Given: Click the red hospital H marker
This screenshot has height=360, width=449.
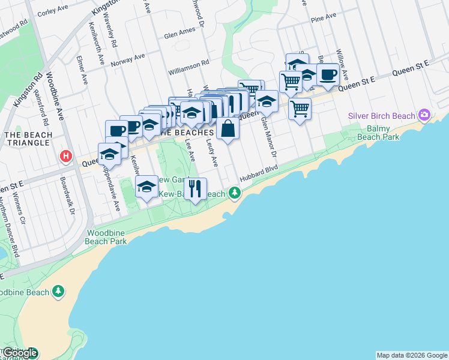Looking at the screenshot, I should [x=66, y=157].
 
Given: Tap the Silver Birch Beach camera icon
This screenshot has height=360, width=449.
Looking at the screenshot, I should [x=425, y=114].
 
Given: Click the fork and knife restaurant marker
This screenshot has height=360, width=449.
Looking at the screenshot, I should [x=195, y=189].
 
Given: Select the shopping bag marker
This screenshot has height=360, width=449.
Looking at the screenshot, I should [x=228, y=129].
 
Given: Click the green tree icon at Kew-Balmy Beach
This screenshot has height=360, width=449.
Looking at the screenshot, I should [x=235, y=193].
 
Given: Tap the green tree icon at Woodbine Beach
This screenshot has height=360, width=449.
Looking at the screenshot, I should [x=58, y=292].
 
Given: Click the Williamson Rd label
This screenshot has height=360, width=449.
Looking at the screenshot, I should [x=188, y=62].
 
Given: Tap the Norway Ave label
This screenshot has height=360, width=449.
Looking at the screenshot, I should [x=128, y=59].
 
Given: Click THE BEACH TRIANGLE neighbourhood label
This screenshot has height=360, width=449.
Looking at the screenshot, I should [x=28, y=139].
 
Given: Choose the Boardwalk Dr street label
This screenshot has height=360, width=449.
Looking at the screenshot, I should [x=71, y=194].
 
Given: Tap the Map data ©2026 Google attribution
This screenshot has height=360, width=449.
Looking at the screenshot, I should [x=412, y=355].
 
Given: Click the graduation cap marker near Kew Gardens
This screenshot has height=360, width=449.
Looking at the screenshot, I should [x=146, y=187].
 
